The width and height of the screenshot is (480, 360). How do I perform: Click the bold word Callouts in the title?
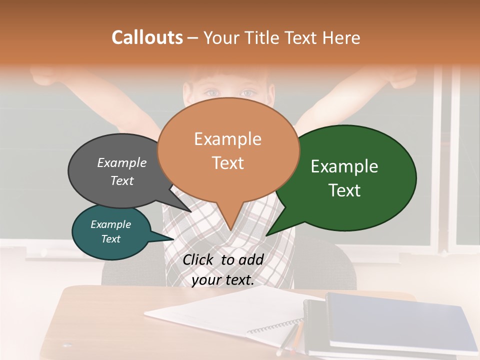(147, 37)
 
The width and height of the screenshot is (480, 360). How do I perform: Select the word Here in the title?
(340, 37)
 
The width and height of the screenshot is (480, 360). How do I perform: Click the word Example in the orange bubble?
(227, 139)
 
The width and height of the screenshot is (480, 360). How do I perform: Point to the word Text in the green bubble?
(345, 190)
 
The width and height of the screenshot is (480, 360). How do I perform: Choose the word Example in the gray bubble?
(122, 162)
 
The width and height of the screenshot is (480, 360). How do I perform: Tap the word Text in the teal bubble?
(111, 239)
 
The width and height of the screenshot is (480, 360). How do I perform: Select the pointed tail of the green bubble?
(272, 230)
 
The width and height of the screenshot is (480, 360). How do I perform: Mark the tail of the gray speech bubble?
(185, 205)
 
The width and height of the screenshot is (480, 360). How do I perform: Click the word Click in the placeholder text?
(199, 259)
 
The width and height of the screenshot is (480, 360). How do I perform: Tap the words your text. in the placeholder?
(223, 280)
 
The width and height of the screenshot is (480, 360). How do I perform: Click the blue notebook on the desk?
(400, 320)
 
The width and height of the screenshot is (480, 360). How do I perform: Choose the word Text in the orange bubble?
(227, 163)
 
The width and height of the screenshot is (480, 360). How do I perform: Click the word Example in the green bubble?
(344, 166)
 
